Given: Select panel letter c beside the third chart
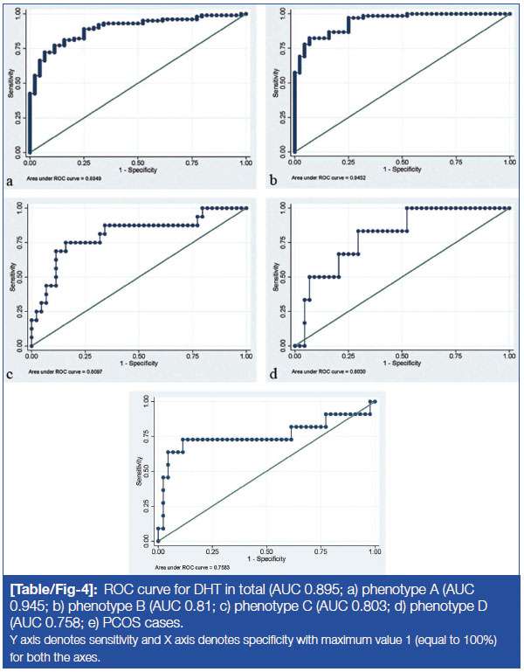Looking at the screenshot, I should tap(10, 377).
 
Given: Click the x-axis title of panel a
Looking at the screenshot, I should tap(138, 169).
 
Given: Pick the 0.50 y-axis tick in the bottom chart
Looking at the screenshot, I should tap(146, 471).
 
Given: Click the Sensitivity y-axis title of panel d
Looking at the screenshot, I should tap(277, 278).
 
